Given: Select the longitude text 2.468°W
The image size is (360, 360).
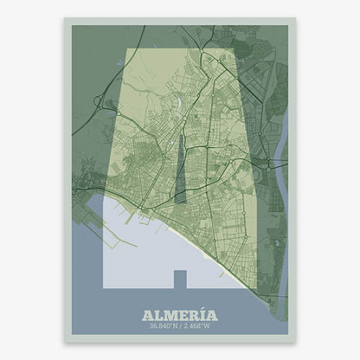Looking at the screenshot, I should coord(198,326).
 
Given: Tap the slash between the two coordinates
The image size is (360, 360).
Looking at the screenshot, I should coord(181,326).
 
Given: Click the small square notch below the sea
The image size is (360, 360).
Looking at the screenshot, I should coord(180,279).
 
